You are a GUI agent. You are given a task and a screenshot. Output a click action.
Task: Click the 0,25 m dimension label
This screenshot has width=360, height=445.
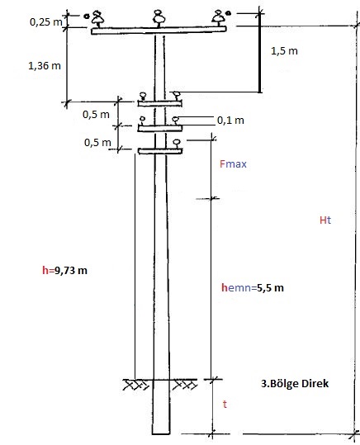(45, 22)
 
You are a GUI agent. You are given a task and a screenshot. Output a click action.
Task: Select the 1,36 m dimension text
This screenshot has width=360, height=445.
(45, 66)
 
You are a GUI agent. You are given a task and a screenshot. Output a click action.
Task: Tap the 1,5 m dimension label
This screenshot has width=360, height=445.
(284, 51)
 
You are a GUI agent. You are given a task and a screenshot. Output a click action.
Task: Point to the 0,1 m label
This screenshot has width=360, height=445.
(230, 121)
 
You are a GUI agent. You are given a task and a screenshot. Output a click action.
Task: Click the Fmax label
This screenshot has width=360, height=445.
(233, 164)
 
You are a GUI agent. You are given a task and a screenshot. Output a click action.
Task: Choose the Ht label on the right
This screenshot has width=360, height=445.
(325, 220)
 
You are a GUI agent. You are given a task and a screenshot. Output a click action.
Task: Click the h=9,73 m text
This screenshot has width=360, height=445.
(64, 271)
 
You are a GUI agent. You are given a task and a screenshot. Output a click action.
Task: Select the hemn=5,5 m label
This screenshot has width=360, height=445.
(253, 288)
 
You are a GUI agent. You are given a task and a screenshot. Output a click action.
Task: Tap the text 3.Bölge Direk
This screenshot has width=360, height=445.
(295, 384)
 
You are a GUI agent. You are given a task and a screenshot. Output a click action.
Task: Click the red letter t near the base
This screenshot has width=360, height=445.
(225, 405)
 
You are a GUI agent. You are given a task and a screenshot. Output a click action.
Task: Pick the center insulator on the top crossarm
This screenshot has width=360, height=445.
(159, 18)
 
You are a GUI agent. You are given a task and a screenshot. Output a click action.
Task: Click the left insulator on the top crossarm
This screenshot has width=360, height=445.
(97, 19)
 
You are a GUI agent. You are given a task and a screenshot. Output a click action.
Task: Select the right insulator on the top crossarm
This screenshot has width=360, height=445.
(219, 18)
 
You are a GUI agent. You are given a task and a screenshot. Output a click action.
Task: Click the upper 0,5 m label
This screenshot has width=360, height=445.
(96, 115)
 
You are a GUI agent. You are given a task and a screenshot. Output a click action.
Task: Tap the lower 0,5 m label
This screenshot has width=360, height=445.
(97, 143)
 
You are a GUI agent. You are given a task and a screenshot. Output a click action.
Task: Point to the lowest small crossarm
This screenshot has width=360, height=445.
(160, 151)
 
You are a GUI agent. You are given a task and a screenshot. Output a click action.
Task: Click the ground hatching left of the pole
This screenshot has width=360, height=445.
(136, 385)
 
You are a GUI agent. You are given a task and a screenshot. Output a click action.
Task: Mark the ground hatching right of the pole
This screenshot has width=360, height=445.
(185, 385)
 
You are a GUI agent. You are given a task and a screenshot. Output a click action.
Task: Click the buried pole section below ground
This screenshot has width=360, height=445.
(161, 407)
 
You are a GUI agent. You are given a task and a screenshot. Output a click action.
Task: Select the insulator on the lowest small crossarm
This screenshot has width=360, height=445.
(177, 144)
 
